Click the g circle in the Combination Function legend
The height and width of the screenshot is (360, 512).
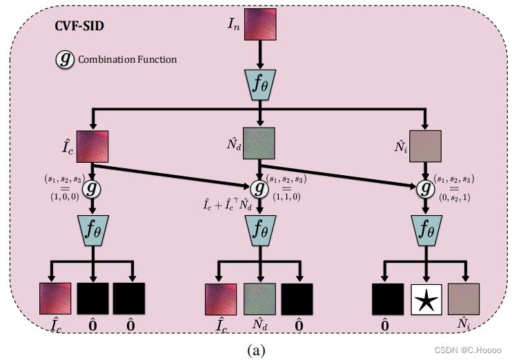point(65,60)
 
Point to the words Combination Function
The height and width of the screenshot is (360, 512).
point(127,60)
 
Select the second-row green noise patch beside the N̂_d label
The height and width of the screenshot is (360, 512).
point(259,144)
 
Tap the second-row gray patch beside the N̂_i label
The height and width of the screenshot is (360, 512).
point(426,146)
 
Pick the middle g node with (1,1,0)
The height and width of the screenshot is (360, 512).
point(259,188)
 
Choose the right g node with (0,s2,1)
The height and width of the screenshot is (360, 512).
point(426,188)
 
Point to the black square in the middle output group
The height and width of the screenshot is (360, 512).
point(297,299)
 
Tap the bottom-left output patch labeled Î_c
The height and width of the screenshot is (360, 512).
point(55,299)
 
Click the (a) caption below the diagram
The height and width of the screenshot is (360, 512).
point(256,350)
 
